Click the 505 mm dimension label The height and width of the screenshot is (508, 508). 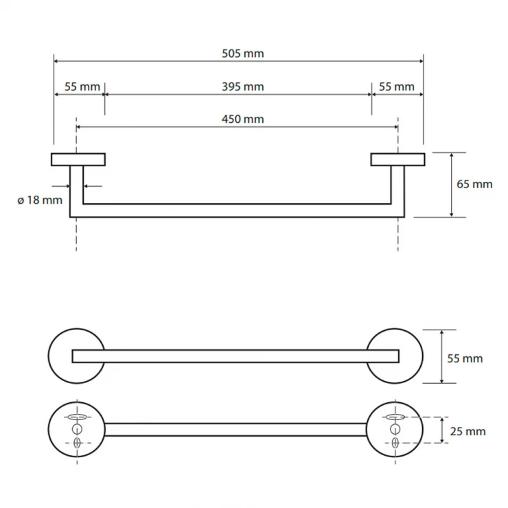coord(242,54)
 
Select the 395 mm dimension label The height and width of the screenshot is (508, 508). coord(242,86)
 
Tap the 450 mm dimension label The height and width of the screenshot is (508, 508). coord(242,119)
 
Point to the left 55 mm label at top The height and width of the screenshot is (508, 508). coord(82,86)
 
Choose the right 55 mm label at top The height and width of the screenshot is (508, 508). coord(397,86)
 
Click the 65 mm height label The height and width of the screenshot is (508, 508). coord(474,185)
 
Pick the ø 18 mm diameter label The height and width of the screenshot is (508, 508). coord(40,200)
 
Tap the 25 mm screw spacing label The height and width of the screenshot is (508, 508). coord(467,432)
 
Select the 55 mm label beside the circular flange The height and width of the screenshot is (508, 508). coord(465,358)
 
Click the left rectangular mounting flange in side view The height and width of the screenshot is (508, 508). coord(78,159)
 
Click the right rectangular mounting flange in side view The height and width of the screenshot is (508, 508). coord(398,159)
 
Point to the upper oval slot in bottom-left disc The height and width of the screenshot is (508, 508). coord(77,417)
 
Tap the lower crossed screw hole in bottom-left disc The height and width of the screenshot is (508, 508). coord(77,443)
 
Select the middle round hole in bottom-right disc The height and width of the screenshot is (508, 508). coord(395,430)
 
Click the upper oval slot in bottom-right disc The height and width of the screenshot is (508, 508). coord(395,417)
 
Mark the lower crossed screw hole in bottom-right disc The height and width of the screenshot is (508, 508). coord(395,443)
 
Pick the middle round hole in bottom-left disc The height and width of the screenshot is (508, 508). coord(77,430)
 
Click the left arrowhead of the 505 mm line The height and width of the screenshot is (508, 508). coord(56,61)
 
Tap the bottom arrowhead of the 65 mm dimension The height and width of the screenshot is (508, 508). coord(451,214)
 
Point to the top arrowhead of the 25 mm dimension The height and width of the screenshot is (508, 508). coord(442,419)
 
